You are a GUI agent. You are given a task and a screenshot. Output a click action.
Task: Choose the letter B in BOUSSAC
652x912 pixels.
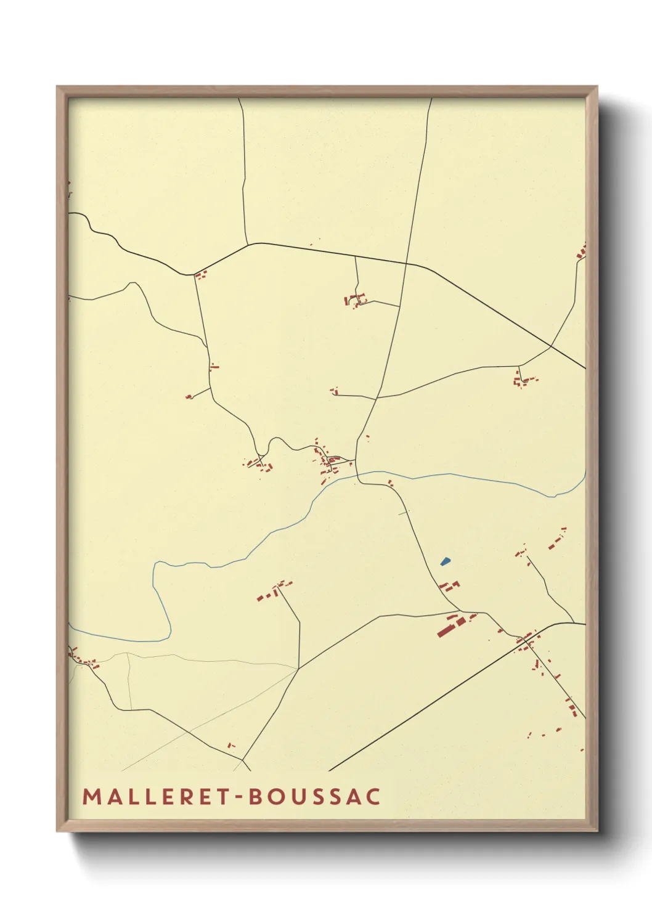click(x=255, y=796)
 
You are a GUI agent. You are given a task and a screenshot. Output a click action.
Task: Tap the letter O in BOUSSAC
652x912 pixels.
click(x=275, y=796)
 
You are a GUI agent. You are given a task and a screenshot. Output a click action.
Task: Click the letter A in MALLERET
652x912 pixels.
click(x=112, y=796)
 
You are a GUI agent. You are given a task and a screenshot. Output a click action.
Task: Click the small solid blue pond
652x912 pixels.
click(x=445, y=561)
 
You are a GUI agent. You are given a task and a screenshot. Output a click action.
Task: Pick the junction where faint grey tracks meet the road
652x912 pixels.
click(x=299, y=668)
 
